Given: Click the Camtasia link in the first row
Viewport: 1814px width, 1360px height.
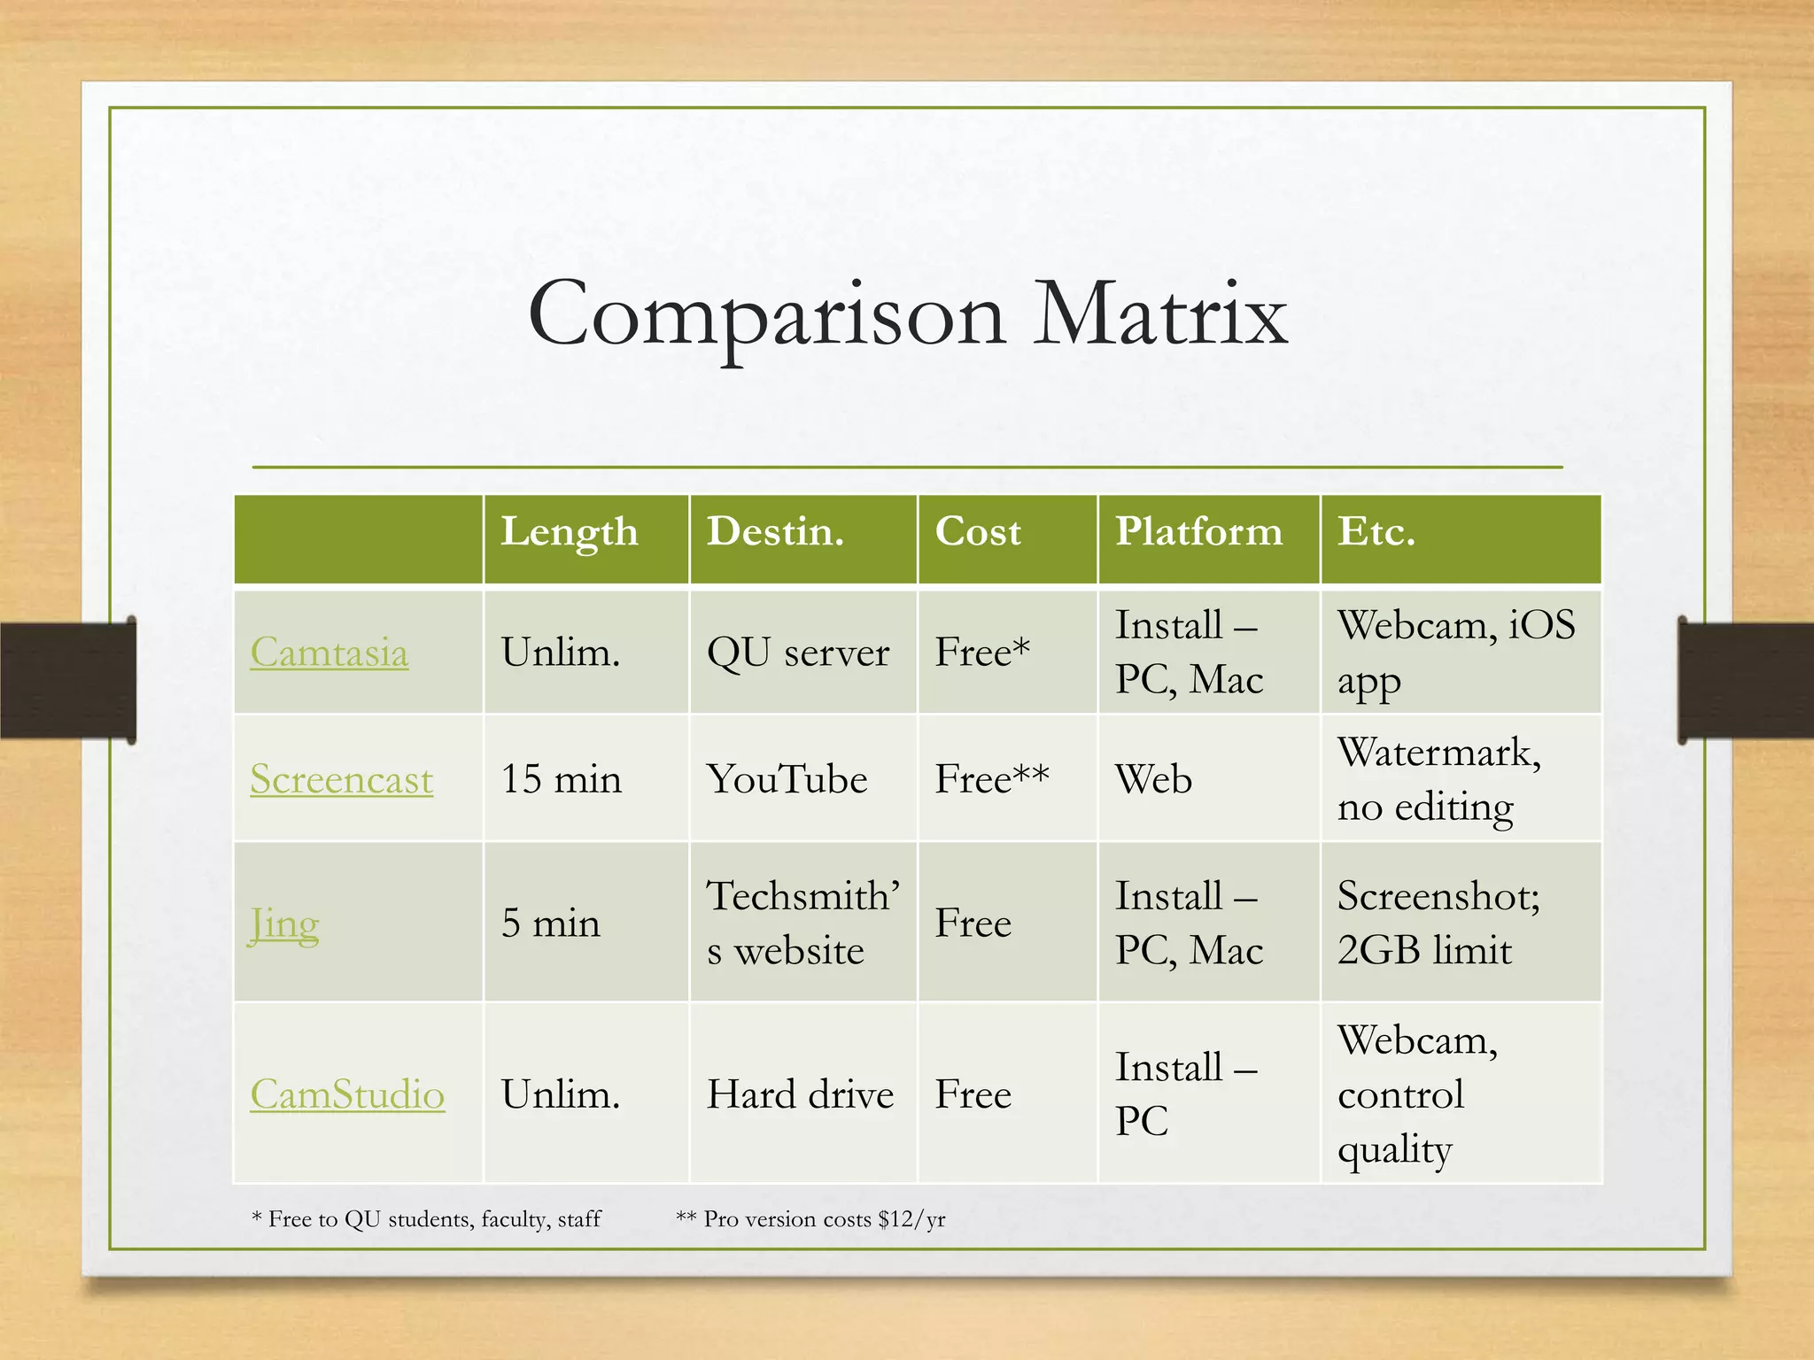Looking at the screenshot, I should click(x=329, y=653).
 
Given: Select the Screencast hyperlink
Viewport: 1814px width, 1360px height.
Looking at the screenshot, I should click(x=341, y=780).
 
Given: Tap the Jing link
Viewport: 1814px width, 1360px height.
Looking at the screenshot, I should click(x=283, y=924).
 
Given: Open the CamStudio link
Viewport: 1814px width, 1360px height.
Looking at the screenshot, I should click(x=347, y=1095).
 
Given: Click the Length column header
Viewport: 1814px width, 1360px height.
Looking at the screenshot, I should click(x=569, y=532).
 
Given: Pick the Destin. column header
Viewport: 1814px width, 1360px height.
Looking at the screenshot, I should click(x=775, y=532).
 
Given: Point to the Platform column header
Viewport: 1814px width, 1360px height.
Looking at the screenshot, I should click(x=1198, y=532).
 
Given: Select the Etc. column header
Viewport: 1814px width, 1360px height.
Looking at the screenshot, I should click(x=1376, y=532).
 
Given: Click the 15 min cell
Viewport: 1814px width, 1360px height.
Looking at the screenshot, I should click(x=561, y=780).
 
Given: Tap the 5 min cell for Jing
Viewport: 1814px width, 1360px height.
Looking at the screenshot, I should click(x=550, y=923).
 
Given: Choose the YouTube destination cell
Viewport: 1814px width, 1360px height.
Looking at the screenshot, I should click(x=787, y=780).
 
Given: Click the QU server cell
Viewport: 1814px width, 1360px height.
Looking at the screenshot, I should click(x=797, y=653).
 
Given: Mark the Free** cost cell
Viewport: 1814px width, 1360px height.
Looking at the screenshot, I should click(x=991, y=780).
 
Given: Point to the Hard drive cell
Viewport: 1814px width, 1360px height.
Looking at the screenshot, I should click(x=799, y=1095).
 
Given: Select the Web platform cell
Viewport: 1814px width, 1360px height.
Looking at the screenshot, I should click(x=1152, y=780).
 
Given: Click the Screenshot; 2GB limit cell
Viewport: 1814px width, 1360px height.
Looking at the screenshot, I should click(x=1438, y=923).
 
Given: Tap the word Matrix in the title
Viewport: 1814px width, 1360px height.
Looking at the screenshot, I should click(x=1159, y=314).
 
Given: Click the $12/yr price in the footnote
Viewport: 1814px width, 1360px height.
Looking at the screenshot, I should click(x=911, y=1219).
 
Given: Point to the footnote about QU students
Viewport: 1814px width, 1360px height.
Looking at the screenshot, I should click(x=426, y=1219).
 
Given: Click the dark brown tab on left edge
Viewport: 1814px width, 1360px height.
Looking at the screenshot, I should click(x=67, y=680).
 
